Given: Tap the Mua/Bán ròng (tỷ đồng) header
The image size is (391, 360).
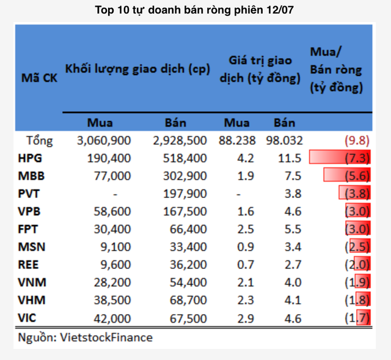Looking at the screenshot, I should [x=336, y=69].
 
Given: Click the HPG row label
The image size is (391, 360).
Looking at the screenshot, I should [x=31, y=159].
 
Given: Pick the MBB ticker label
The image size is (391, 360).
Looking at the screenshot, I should [x=31, y=177].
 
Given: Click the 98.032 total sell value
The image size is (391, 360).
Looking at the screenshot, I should [x=284, y=141].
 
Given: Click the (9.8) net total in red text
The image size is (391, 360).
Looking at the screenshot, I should [x=357, y=141].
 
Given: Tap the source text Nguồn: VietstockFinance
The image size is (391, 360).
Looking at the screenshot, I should [x=85, y=337].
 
